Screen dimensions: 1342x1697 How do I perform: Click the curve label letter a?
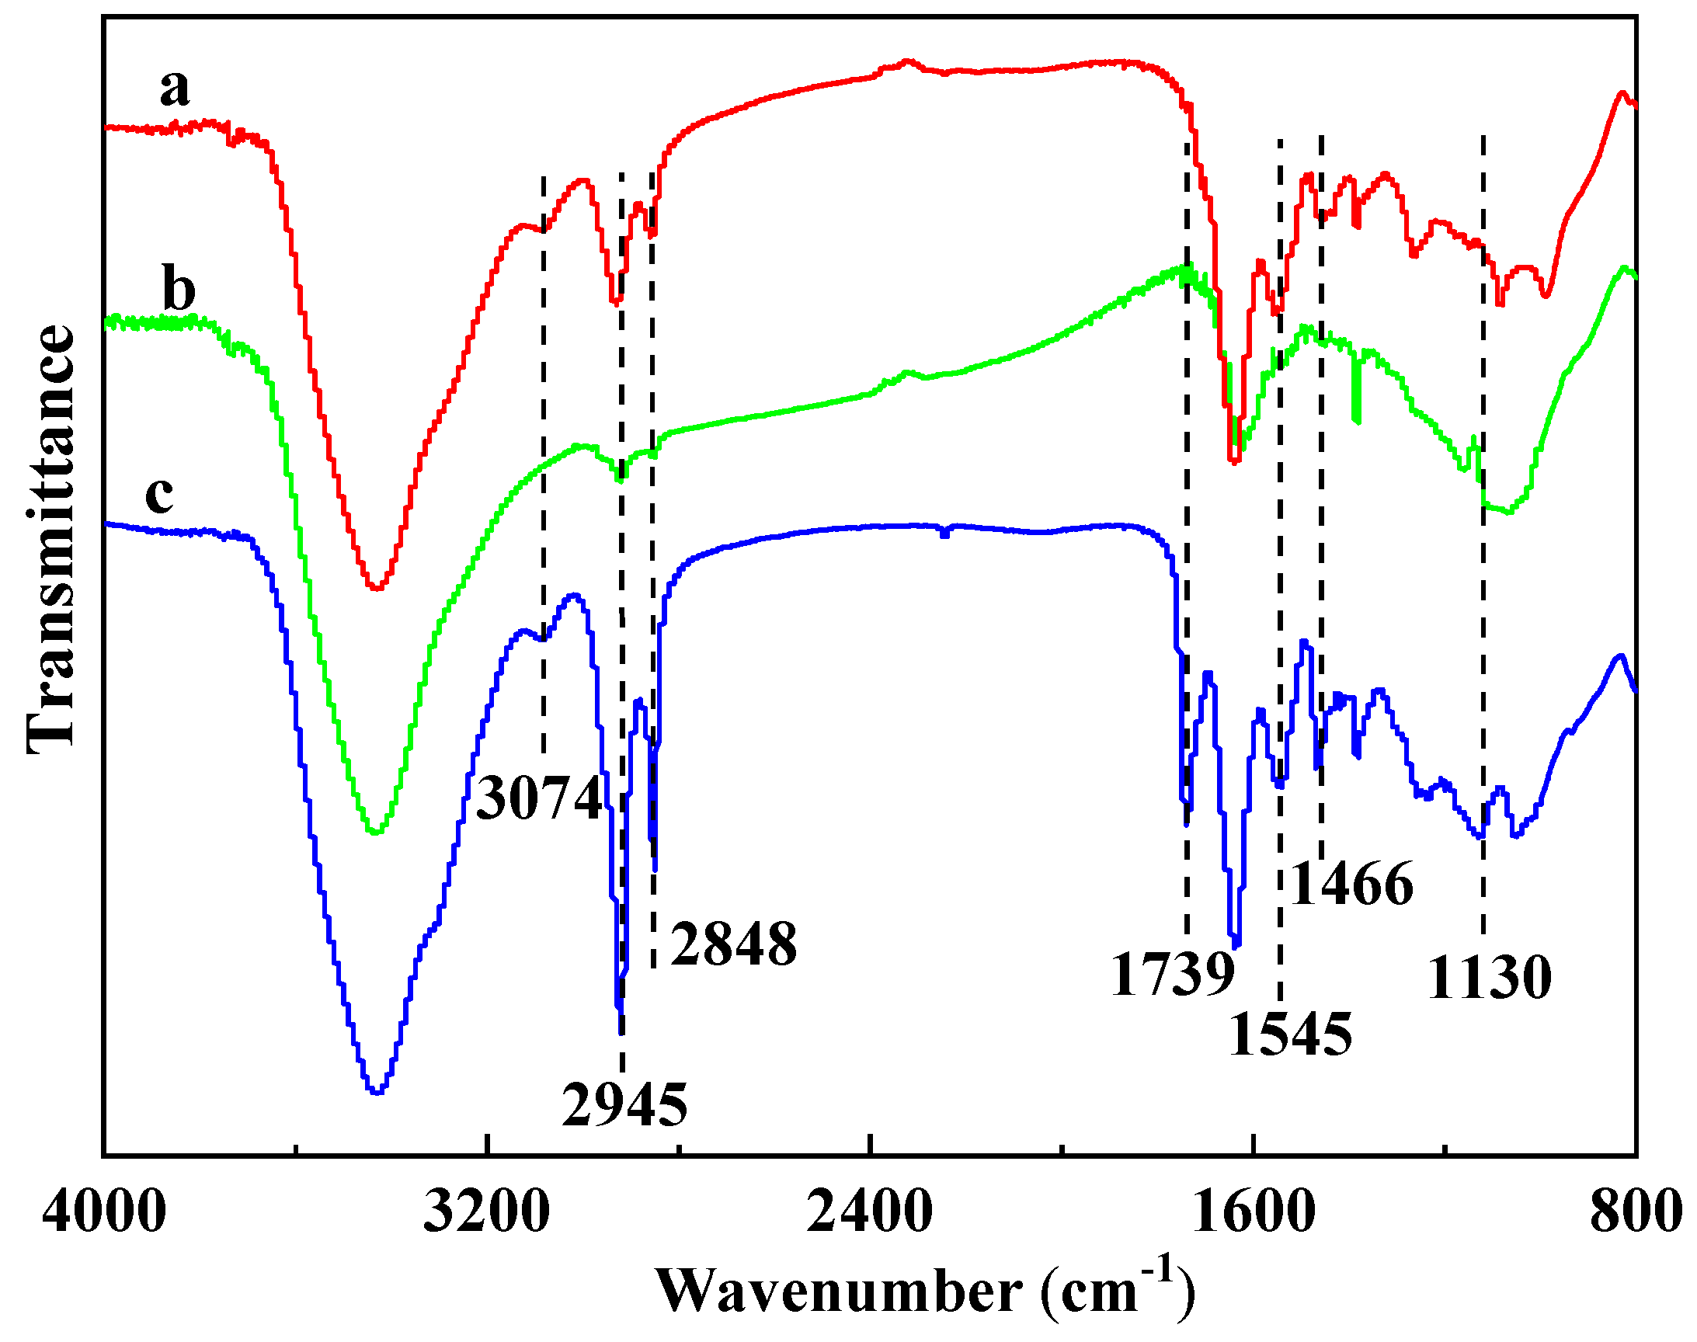(175, 88)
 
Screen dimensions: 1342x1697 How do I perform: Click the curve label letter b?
(179, 289)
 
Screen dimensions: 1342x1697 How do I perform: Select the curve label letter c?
(159, 494)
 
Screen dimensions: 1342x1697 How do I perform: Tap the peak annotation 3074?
(539, 798)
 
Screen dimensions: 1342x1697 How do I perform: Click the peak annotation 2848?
(733, 944)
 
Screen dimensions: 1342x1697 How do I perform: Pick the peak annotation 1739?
(1173, 975)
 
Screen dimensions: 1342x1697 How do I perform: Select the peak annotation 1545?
(1290, 1034)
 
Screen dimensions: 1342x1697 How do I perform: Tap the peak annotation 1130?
(1489, 979)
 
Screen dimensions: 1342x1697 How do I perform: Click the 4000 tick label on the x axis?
(104, 1212)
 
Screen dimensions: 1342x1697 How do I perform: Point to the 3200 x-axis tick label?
(486, 1212)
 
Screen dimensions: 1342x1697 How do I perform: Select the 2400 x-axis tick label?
(870, 1212)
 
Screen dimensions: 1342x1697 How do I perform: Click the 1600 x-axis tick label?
(1253, 1212)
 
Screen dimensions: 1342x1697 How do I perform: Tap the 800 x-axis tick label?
(1636, 1212)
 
